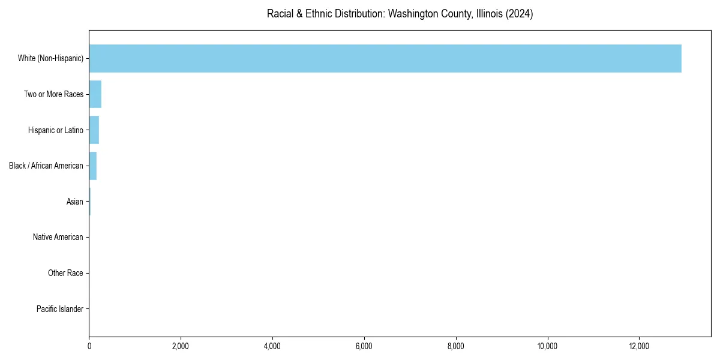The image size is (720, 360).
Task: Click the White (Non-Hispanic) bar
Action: click(x=384, y=58)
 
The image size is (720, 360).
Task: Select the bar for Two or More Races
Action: click(x=95, y=94)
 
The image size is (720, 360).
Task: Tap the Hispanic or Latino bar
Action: click(x=94, y=130)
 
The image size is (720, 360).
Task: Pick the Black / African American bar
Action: click(x=92, y=166)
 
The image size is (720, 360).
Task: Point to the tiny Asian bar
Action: click(x=90, y=202)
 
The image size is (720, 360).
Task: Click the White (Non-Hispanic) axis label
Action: click(x=50, y=58)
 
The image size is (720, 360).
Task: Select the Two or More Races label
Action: click(x=53, y=94)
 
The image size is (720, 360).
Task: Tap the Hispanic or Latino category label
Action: click(x=55, y=130)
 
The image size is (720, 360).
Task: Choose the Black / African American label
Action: click(x=46, y=166)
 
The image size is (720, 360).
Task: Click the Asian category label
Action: click(x=75, y=202)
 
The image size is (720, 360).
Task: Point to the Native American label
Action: click(x=58, y=238)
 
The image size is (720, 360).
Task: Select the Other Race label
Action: click(x=65, y=274)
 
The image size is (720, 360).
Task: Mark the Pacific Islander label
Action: click(x=60, y=309)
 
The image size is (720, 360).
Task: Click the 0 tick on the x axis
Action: click(x=89, y=346)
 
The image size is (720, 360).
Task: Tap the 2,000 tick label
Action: click(x=181, y=346)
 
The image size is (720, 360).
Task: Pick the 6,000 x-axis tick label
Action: click(x=364, y=346)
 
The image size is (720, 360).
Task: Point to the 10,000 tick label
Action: click(x=547, y=346)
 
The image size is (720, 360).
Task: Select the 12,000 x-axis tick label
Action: click(x=639, y=346)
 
